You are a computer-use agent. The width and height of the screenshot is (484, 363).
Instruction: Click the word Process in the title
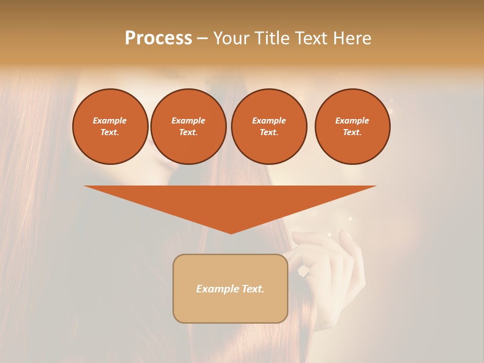pyautogui.click(x=158, y=38)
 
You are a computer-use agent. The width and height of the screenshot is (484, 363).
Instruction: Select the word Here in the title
pyautogui.click(x=351, y=38)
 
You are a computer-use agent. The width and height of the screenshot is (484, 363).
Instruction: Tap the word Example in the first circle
pyautogui.click(x=110, y=120)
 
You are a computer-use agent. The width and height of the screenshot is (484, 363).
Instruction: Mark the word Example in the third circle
pyautogui.click(x=269, y=120)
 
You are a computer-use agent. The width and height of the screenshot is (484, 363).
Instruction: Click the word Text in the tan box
pyautogui.click(x=254, y=289)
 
